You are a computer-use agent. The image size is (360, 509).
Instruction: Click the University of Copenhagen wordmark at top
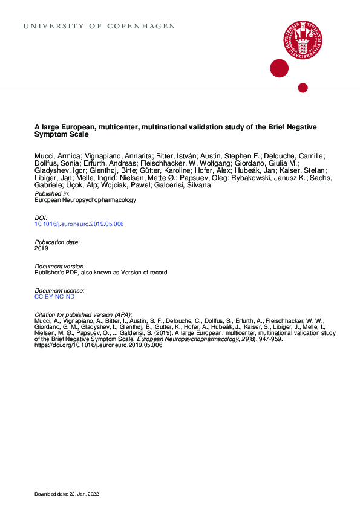point(99,27)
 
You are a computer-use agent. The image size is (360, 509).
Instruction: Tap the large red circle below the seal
point(278,68)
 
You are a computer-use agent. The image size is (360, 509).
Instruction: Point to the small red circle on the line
point(303,88)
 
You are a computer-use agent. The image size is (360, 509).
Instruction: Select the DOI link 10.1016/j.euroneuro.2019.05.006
point(80,224)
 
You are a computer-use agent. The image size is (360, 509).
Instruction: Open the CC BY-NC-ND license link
point(55,297)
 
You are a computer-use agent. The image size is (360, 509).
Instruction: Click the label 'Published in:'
point(52,193)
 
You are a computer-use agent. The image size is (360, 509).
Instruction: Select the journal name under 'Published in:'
point(85,200)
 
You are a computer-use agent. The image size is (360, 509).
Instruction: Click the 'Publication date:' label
point(57,242)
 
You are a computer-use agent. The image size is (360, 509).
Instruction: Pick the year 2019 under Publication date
point(42,248)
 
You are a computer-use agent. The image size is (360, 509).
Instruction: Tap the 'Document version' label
point(59,266)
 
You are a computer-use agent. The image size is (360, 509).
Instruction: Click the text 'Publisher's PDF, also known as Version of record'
point(101,273)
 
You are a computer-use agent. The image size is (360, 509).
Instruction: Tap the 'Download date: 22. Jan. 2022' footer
point(67,494)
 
